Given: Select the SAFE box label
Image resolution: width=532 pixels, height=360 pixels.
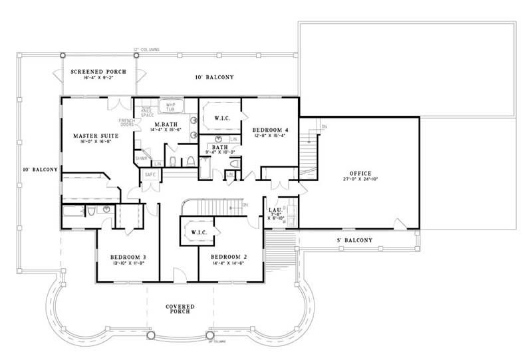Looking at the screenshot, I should [149, 174].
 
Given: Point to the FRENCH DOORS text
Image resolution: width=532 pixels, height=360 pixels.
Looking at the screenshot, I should [127, 122].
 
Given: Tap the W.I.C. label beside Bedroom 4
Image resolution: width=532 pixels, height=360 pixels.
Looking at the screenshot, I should [222, 118].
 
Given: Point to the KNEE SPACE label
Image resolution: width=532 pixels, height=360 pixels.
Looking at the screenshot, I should [147, 112].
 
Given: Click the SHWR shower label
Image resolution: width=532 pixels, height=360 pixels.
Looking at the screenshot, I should [141, 158].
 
